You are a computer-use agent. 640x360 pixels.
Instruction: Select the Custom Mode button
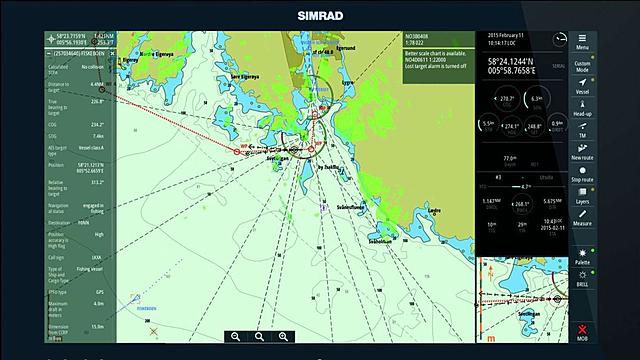click(582, 68)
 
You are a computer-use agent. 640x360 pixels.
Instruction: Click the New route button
click(582, 152)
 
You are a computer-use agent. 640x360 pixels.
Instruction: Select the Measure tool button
click(582, 219)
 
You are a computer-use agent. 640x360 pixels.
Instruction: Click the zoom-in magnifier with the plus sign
click(284, 337)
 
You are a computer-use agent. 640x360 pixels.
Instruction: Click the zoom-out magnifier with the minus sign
click(236, 337)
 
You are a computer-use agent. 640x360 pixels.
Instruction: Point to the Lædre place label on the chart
click(433, 211)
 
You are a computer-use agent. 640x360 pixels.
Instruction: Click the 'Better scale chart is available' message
click(437, 55)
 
